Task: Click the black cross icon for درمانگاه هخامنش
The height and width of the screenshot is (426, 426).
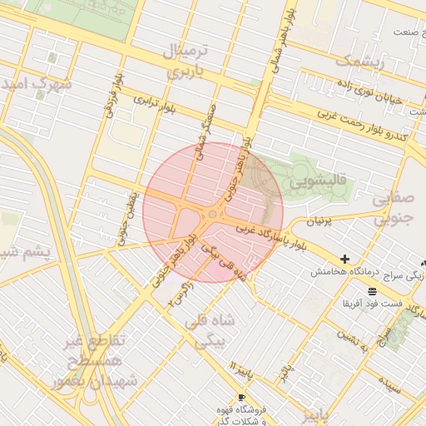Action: click(x=344, y=260)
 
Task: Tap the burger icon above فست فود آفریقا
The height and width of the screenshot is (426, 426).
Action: click(x=371, y=291)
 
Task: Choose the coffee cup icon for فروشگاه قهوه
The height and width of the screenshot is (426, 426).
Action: click(x=241, y=397)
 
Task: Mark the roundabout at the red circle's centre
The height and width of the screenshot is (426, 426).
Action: click(x=213, y=214)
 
